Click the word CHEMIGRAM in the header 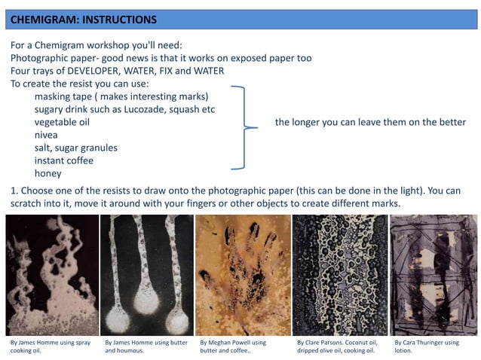(x=41, y=20)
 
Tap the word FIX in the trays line (x=166, y=71)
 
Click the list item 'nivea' (x=46, y=135)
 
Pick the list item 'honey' (x=47, y=174)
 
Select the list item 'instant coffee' (x=64, y=160)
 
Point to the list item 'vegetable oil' (x=62, y=122)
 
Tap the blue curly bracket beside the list (x=244, y=127)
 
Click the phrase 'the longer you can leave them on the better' (x=370, y=122)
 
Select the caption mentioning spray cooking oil (x=51, y=346)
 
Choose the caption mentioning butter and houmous (x=146, y=346)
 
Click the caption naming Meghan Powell (x=233, y=346)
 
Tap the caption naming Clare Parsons (x=337, y=346)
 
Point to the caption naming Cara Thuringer (x=427, y=346)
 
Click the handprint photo (x=243, y=275)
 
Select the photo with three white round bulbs (x=147, y=275)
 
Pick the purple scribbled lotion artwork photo (x=434, y=275)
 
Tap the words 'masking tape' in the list (x=63, y=96)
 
